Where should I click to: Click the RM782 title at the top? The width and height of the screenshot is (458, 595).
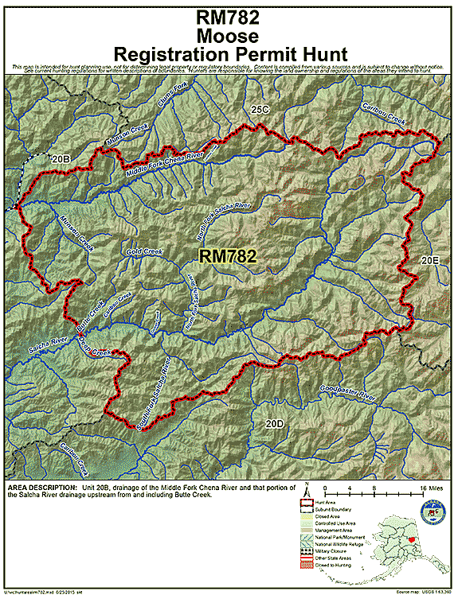[x=229, y=15]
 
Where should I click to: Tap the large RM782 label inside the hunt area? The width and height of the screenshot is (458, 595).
[x=227, y=256]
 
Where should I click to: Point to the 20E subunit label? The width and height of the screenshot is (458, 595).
[x=430, y=259]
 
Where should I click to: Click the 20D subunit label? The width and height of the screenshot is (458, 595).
[x=274, y=424]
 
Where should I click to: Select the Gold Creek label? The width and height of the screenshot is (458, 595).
[x=144, y=252]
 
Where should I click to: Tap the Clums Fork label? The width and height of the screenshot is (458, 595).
[x=171, y=98]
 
